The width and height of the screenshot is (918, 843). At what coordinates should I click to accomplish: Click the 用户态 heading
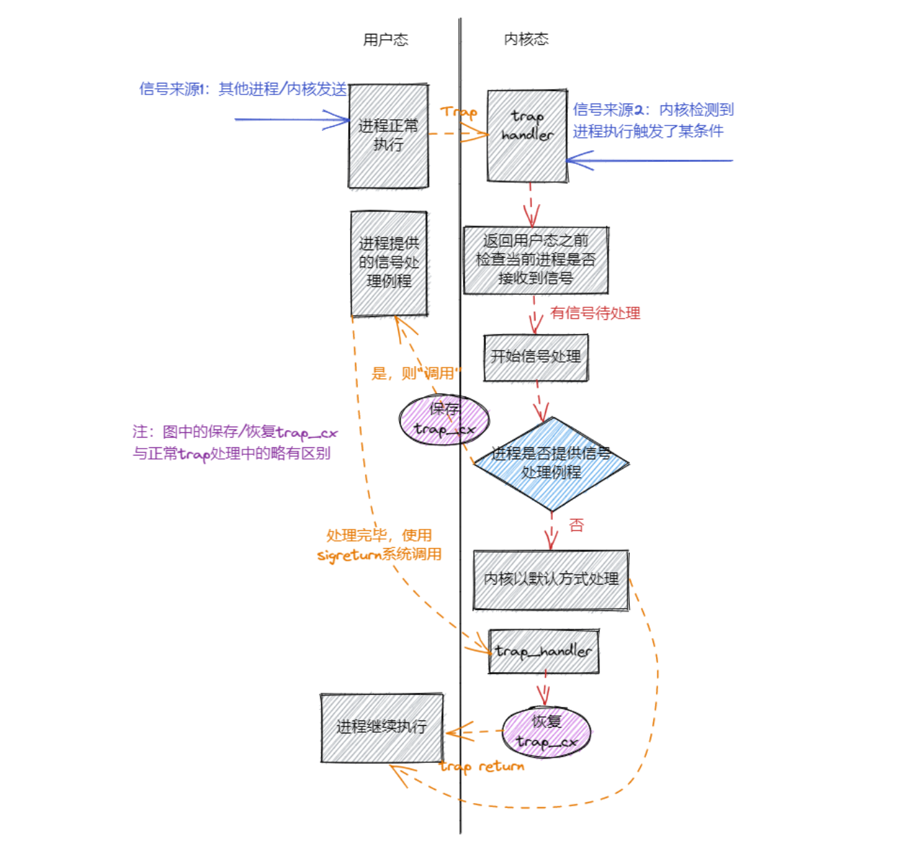click(x=385, y=40)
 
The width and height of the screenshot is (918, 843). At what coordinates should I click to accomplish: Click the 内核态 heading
click(x=526, y=39)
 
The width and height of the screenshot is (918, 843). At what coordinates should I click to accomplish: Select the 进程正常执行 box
click(x=388, y=136)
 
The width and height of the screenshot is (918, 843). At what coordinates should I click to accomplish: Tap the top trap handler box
click(x=527, y=136)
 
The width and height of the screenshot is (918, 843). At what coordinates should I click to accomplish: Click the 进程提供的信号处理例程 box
click(x=389, y=263)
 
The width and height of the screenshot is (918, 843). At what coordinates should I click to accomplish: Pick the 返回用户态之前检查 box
click(x=535, y=260)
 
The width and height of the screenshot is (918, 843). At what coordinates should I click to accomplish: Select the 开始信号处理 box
click(x=535, y=357)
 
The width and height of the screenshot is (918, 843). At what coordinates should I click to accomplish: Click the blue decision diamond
click(x=551, y=463)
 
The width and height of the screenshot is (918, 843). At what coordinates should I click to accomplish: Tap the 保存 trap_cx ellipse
click(x=445, y=419)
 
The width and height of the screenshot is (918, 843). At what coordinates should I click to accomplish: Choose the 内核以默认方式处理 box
click(x=551, y=579)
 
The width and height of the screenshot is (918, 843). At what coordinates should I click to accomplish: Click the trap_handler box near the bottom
click(x=543, y=651)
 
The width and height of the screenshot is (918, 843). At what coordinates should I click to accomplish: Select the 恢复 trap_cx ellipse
click(x=546, y=731)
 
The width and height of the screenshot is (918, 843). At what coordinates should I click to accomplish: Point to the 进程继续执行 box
click(x=381, y=727)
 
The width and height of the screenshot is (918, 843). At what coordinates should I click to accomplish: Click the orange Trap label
click(x=458, y=112)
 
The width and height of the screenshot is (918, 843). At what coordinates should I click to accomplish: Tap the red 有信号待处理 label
click(x=595, y=314)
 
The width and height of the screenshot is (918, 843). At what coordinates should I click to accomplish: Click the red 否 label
click(x=576, y=525)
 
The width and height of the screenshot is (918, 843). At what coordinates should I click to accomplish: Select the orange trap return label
click(x=482, y=766)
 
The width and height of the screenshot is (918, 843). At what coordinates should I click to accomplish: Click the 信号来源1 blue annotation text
click(x=243, y=89)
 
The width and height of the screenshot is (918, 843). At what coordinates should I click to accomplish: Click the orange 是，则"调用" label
click(x=416, y=374)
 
